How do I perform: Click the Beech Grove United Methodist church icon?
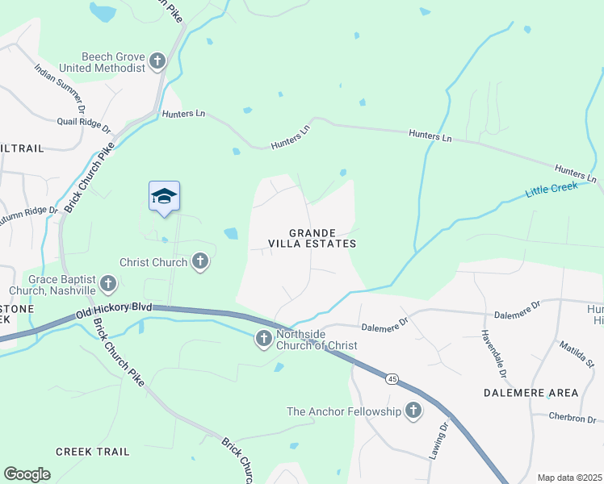coord(157,60)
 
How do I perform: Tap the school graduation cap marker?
coord(164,196)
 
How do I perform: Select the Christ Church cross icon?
coord(200,261)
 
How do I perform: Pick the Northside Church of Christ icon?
coord(263,340)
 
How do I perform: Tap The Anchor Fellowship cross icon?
coord(413,411)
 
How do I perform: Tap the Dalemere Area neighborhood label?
coord(531,393)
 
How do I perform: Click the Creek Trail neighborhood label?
coord(92,452)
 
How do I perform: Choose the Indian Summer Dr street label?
coord(61,85)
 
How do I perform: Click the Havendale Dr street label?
coord(493,356)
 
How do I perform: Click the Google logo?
coord(27,474)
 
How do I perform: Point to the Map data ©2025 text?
coord(569,478)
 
